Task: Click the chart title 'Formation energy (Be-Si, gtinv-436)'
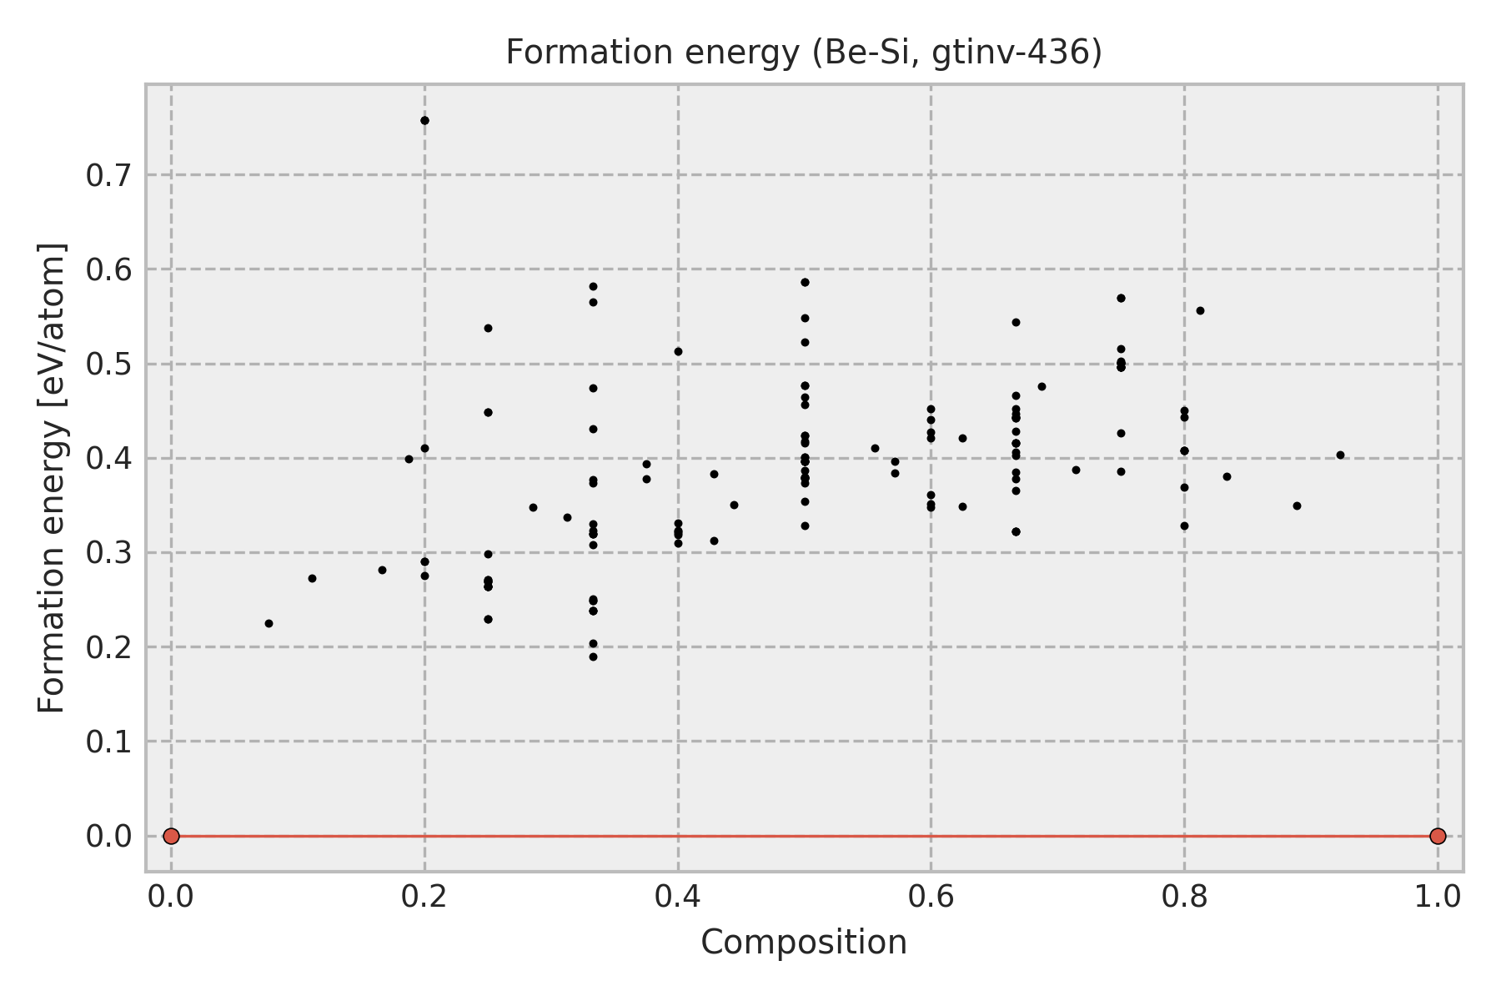[804, 53]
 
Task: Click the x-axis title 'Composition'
[804, 943]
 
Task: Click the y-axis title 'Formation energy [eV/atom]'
[52, 478]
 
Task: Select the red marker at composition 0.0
[171, 836]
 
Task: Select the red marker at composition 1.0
[1438, 836]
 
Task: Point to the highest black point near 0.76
[424, 120]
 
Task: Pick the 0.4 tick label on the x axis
[678, 897]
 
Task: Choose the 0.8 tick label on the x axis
[1184, 897]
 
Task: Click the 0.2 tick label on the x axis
[424, 897]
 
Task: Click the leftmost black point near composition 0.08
[269, 623]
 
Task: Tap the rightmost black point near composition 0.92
[1340, 455]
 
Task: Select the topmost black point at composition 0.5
[805, 282]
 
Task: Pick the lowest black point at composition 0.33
[593, 656]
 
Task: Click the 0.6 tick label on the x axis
[931, 897]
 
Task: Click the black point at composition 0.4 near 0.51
[678, 351]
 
